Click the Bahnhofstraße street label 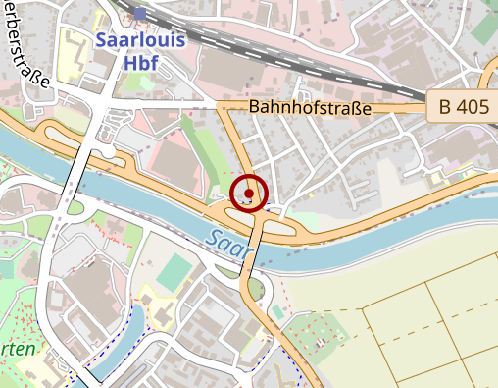pyautogui.click(x=311, y=107)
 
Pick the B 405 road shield pyautogui.click(x=460, y=107)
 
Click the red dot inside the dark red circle pyautogui.click(x=249, y=194)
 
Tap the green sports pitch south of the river pyautogui.click(x=174, y=272)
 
